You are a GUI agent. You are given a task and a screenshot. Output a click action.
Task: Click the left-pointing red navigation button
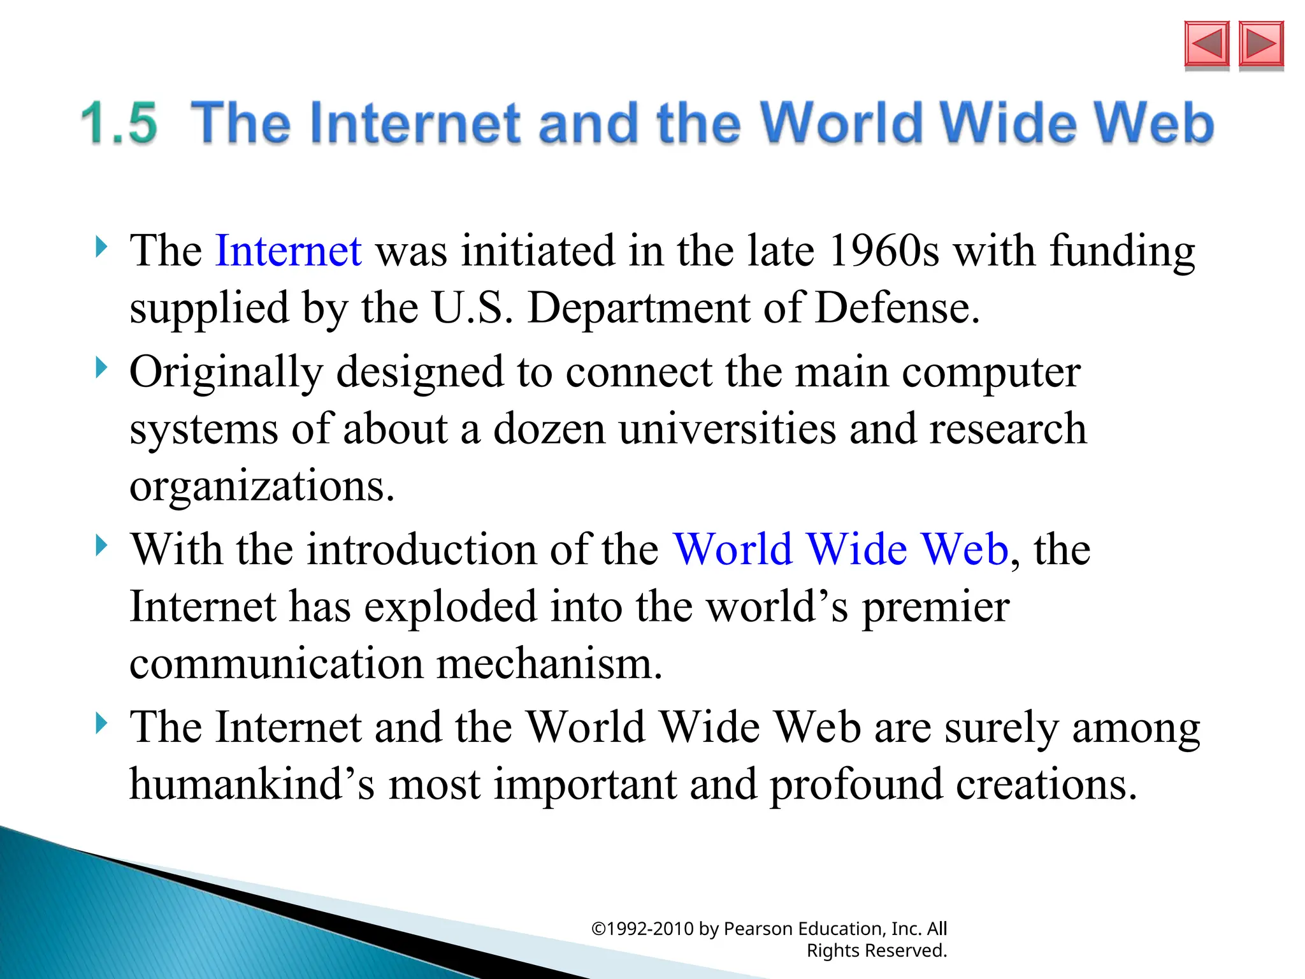click(1206, 44)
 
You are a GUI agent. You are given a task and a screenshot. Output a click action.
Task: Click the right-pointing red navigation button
click(1261, 44)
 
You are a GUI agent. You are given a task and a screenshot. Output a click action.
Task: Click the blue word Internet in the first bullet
click(289, 250)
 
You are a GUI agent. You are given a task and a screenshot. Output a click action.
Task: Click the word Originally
click(226, 372)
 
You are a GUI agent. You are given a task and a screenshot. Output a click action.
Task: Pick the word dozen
click(549, 428)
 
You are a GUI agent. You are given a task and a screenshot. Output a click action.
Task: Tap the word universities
click(727, 428)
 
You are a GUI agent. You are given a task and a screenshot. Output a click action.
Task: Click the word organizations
click(262, 486)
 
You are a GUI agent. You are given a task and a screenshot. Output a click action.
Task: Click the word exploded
click(451, 606)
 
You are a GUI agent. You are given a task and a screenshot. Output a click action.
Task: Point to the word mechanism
click(549, 664)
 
